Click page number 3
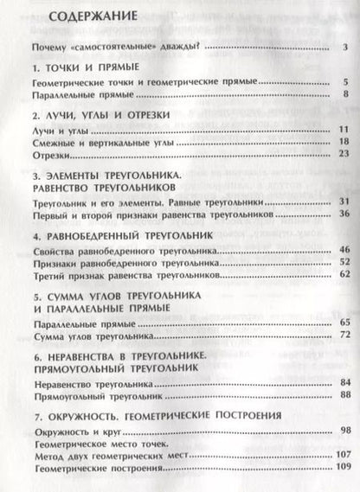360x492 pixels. [344, 47]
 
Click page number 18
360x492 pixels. [343, 141]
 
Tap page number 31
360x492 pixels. [343, 201]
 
